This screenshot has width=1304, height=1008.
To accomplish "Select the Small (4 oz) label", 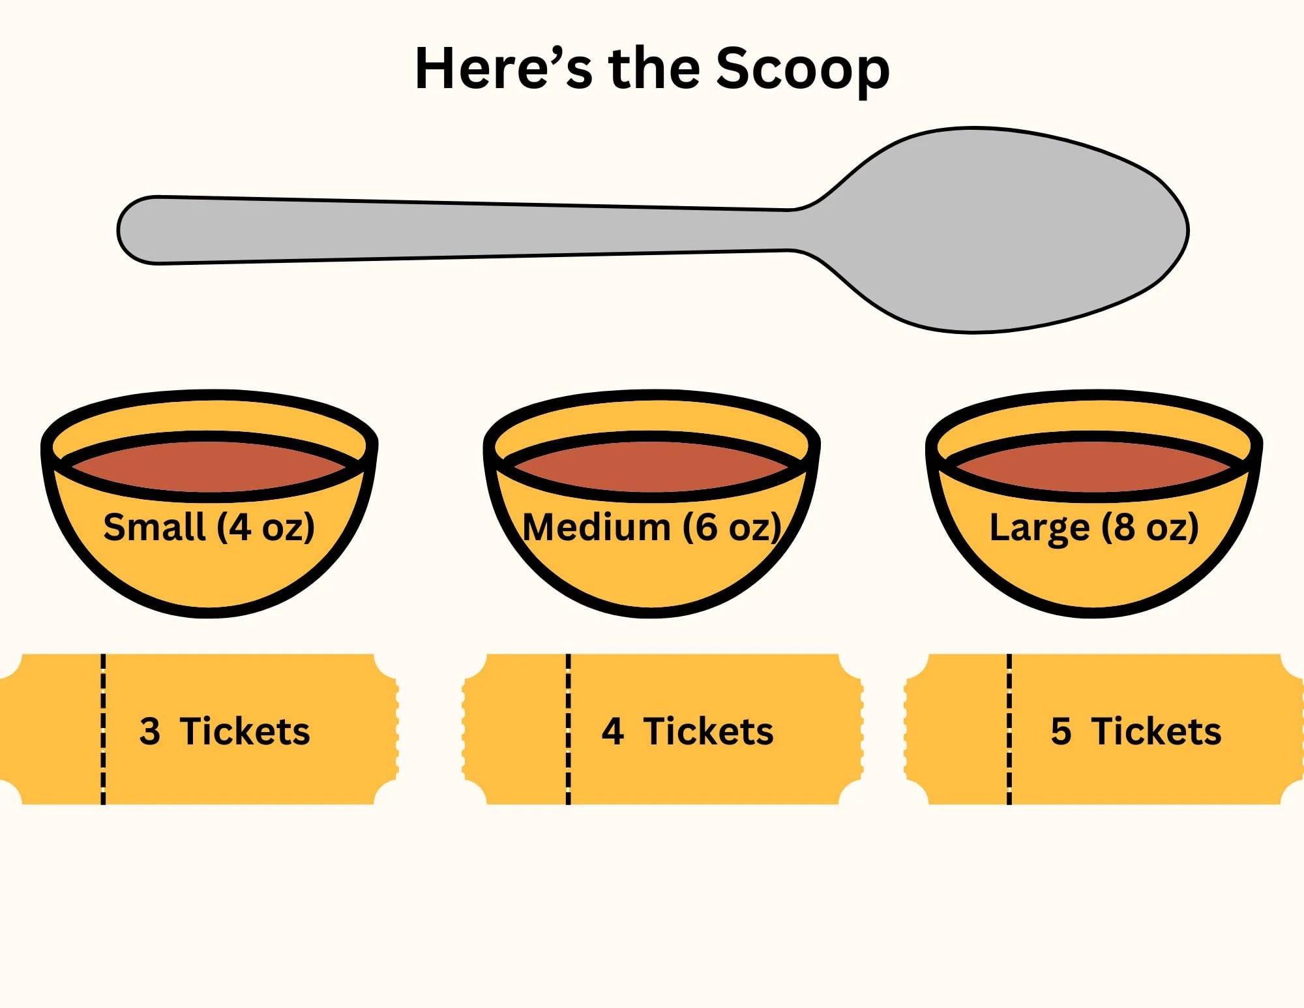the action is pyautogui.click(x=209, y=527).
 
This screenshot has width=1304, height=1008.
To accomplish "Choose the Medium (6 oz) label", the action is pyautogui.click(x=652, y=527).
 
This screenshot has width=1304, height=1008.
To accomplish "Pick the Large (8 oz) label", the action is pyautogui.click(x=1094, y=527).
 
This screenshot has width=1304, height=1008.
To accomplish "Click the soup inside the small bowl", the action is pyautogui.click(x=209, y=466).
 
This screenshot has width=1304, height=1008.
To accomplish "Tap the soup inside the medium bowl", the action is pyautogui.click(x=652, y=466).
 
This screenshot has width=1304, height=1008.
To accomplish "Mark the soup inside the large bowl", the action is pyautogui.click(x=1094, y=466).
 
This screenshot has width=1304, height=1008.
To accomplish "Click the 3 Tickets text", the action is pyautogui.click(x=225, y=731).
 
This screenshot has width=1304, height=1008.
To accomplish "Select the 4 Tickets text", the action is pyautogui.click(x=688, y=731).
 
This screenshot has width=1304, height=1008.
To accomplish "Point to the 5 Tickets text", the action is pyautogui.click(x=1136, y=731).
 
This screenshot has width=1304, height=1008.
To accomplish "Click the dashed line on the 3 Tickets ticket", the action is pyautogui.click(x=103, y=729).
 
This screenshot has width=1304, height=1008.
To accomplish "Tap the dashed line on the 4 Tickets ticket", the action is pyautogui.click(x=568, y=729).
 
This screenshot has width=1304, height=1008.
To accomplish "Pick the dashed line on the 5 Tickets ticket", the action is pyautogui.click(x=1009, y=729).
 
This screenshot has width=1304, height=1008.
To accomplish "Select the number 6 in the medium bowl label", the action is pyautogui.click(x=706, y=527).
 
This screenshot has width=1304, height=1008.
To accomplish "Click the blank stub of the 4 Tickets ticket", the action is pyautogui.click(x=515, y=729).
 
